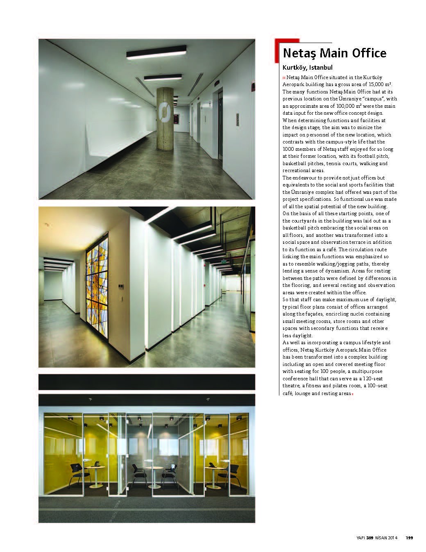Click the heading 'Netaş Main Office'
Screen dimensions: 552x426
pyautogui.click(x=334, y=53)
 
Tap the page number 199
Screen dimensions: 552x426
pyautogui.click(x=409, y=538)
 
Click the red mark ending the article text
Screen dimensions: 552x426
pyautogui.click(x=352, y=394)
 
